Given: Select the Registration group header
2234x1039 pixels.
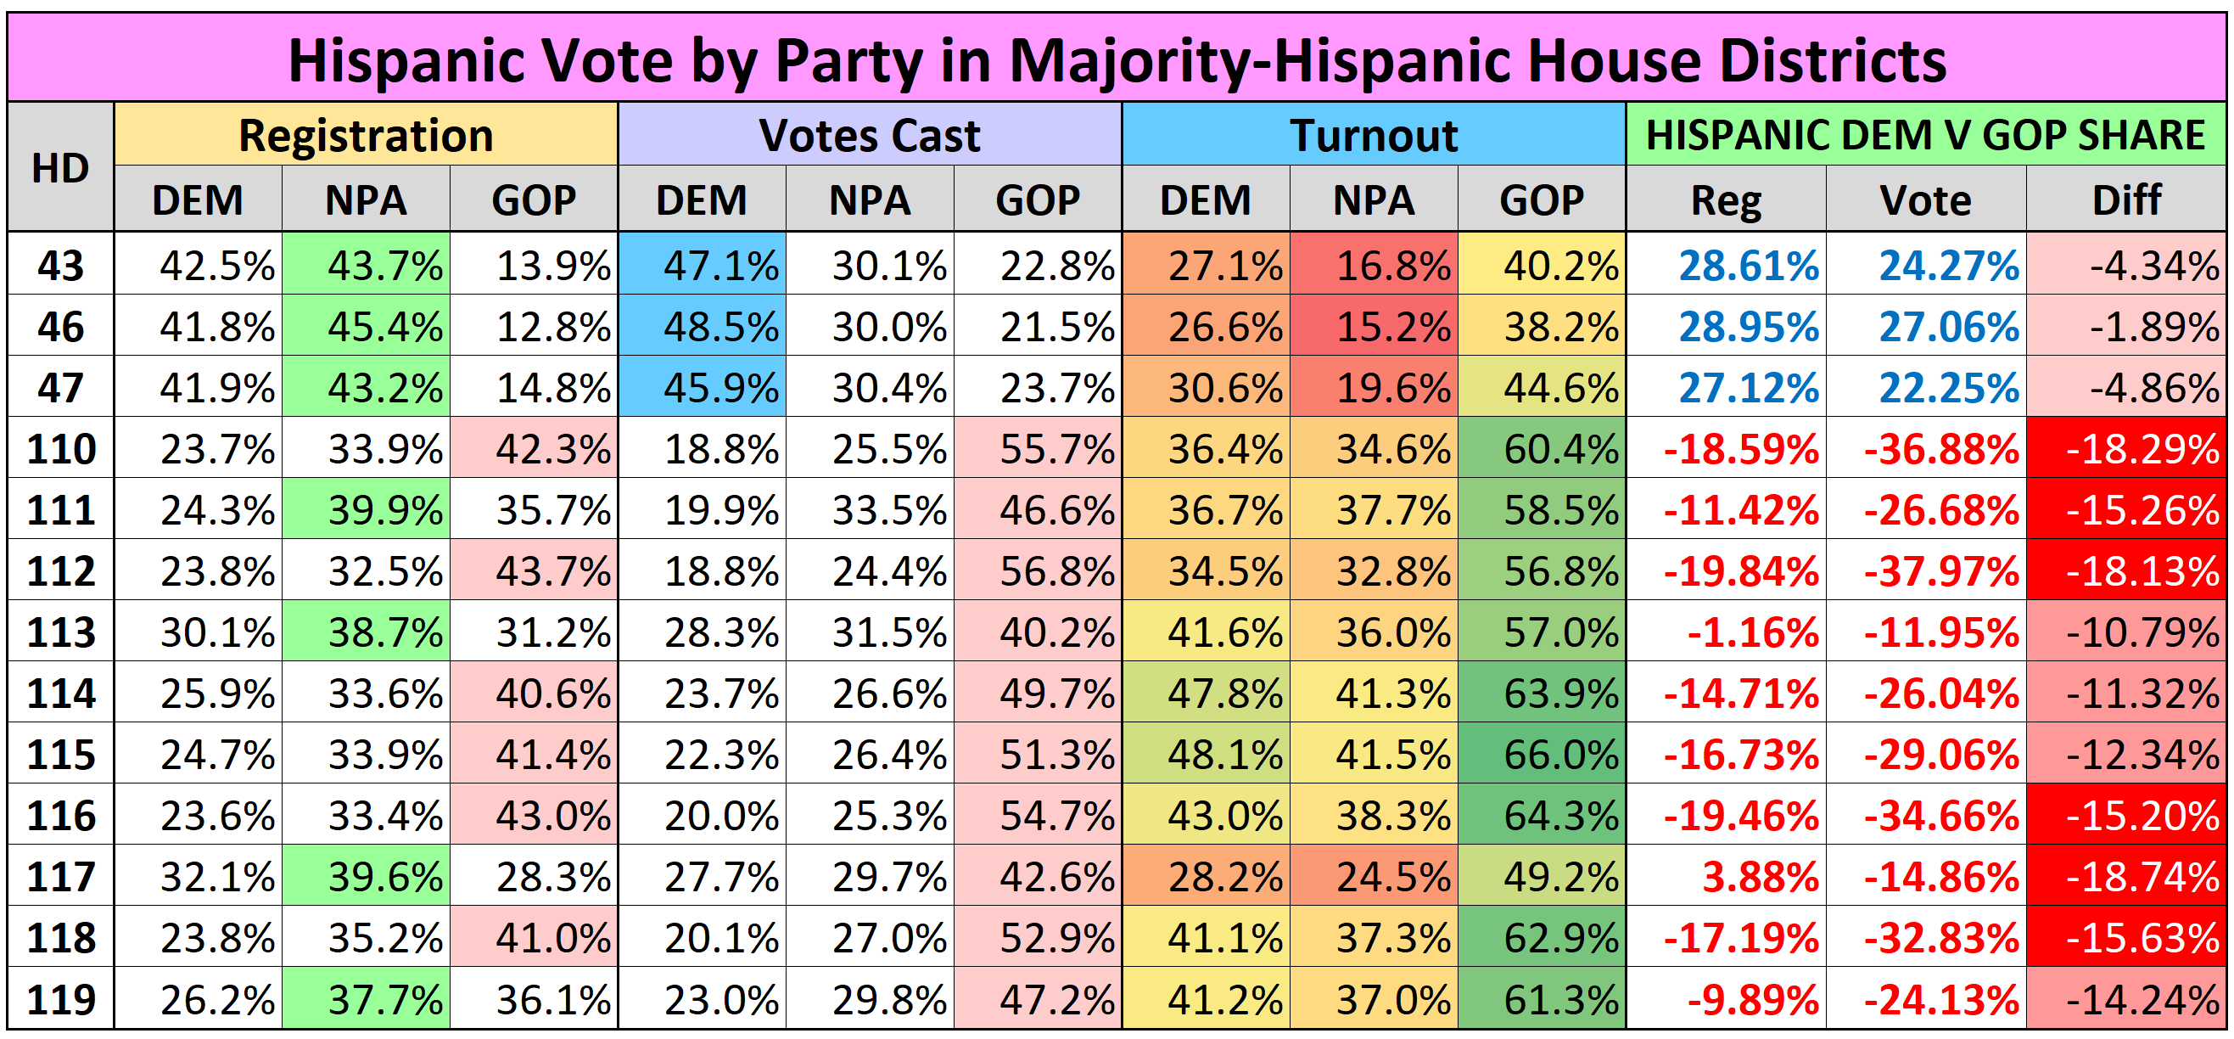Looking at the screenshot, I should (365, 135).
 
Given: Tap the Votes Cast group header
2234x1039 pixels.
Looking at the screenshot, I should (869, 135).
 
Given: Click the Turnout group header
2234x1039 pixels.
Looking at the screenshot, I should (1373, 135).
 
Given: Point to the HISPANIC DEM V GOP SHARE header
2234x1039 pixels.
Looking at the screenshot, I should (1924, 135).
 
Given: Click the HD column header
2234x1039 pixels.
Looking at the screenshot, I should (60, 167).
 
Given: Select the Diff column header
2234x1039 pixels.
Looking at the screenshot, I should (2125, 200).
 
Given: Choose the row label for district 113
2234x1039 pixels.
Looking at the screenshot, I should (60, 632).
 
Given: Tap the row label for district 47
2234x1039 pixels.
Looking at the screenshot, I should (60, 388).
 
